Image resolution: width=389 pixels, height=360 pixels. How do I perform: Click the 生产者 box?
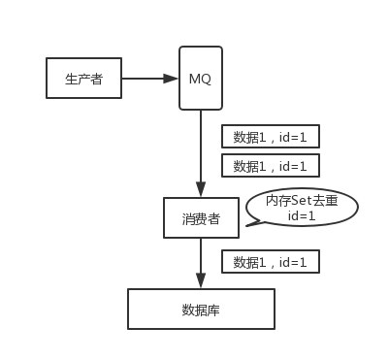83,78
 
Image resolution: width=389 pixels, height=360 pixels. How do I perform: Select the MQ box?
201,77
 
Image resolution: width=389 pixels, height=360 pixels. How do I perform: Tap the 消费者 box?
201,218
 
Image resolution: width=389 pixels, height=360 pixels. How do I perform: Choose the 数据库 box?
201,310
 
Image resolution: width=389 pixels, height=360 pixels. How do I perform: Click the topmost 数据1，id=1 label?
271,137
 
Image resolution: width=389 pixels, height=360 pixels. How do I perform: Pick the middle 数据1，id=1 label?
271,165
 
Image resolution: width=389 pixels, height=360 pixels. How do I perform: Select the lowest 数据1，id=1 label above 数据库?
271,261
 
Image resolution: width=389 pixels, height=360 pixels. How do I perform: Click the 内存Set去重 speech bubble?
301,207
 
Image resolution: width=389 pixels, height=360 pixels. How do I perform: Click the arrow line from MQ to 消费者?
201,146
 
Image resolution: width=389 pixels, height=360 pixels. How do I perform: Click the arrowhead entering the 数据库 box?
201,281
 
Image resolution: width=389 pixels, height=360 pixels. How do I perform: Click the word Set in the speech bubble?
302,200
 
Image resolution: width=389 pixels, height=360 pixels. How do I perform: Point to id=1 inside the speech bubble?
301,214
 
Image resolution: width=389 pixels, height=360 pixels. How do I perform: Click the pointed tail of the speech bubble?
249,224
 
